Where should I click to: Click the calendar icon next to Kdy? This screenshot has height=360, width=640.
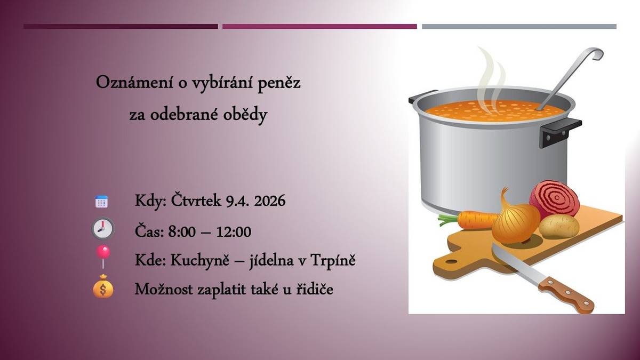click(101, 202)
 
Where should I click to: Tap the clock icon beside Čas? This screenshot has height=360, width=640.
click(102, 229)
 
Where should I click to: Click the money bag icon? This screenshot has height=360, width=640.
click(103, 288)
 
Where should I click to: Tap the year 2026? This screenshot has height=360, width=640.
click(269, 202)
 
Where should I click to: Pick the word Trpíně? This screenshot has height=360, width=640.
click(335, 261)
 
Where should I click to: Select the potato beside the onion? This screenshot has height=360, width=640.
click(559, 226)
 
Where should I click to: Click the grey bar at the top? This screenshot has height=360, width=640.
click(519, 26)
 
